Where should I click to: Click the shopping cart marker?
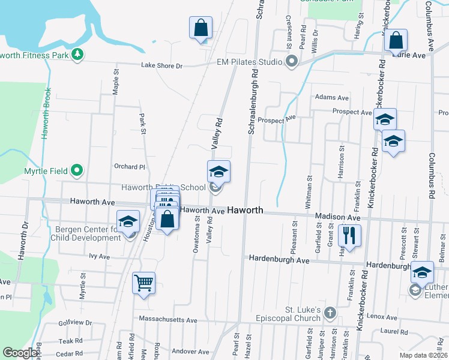tap(143, 282)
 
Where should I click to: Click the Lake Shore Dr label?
tap(161, 66)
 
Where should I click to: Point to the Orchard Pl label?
tap(130, 167)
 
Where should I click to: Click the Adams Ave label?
tap(331, 97)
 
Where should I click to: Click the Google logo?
tap(20, 353)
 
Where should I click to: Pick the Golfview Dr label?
tap(76, 323)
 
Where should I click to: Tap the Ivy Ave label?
tap(100, 256)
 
